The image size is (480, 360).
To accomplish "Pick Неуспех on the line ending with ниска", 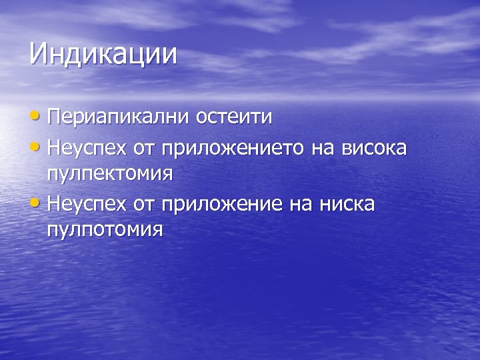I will coord(88,203).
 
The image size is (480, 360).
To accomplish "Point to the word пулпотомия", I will coord(105,231).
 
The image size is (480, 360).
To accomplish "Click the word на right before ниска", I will coord(297,204).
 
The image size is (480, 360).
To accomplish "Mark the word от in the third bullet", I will coord(143,204).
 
